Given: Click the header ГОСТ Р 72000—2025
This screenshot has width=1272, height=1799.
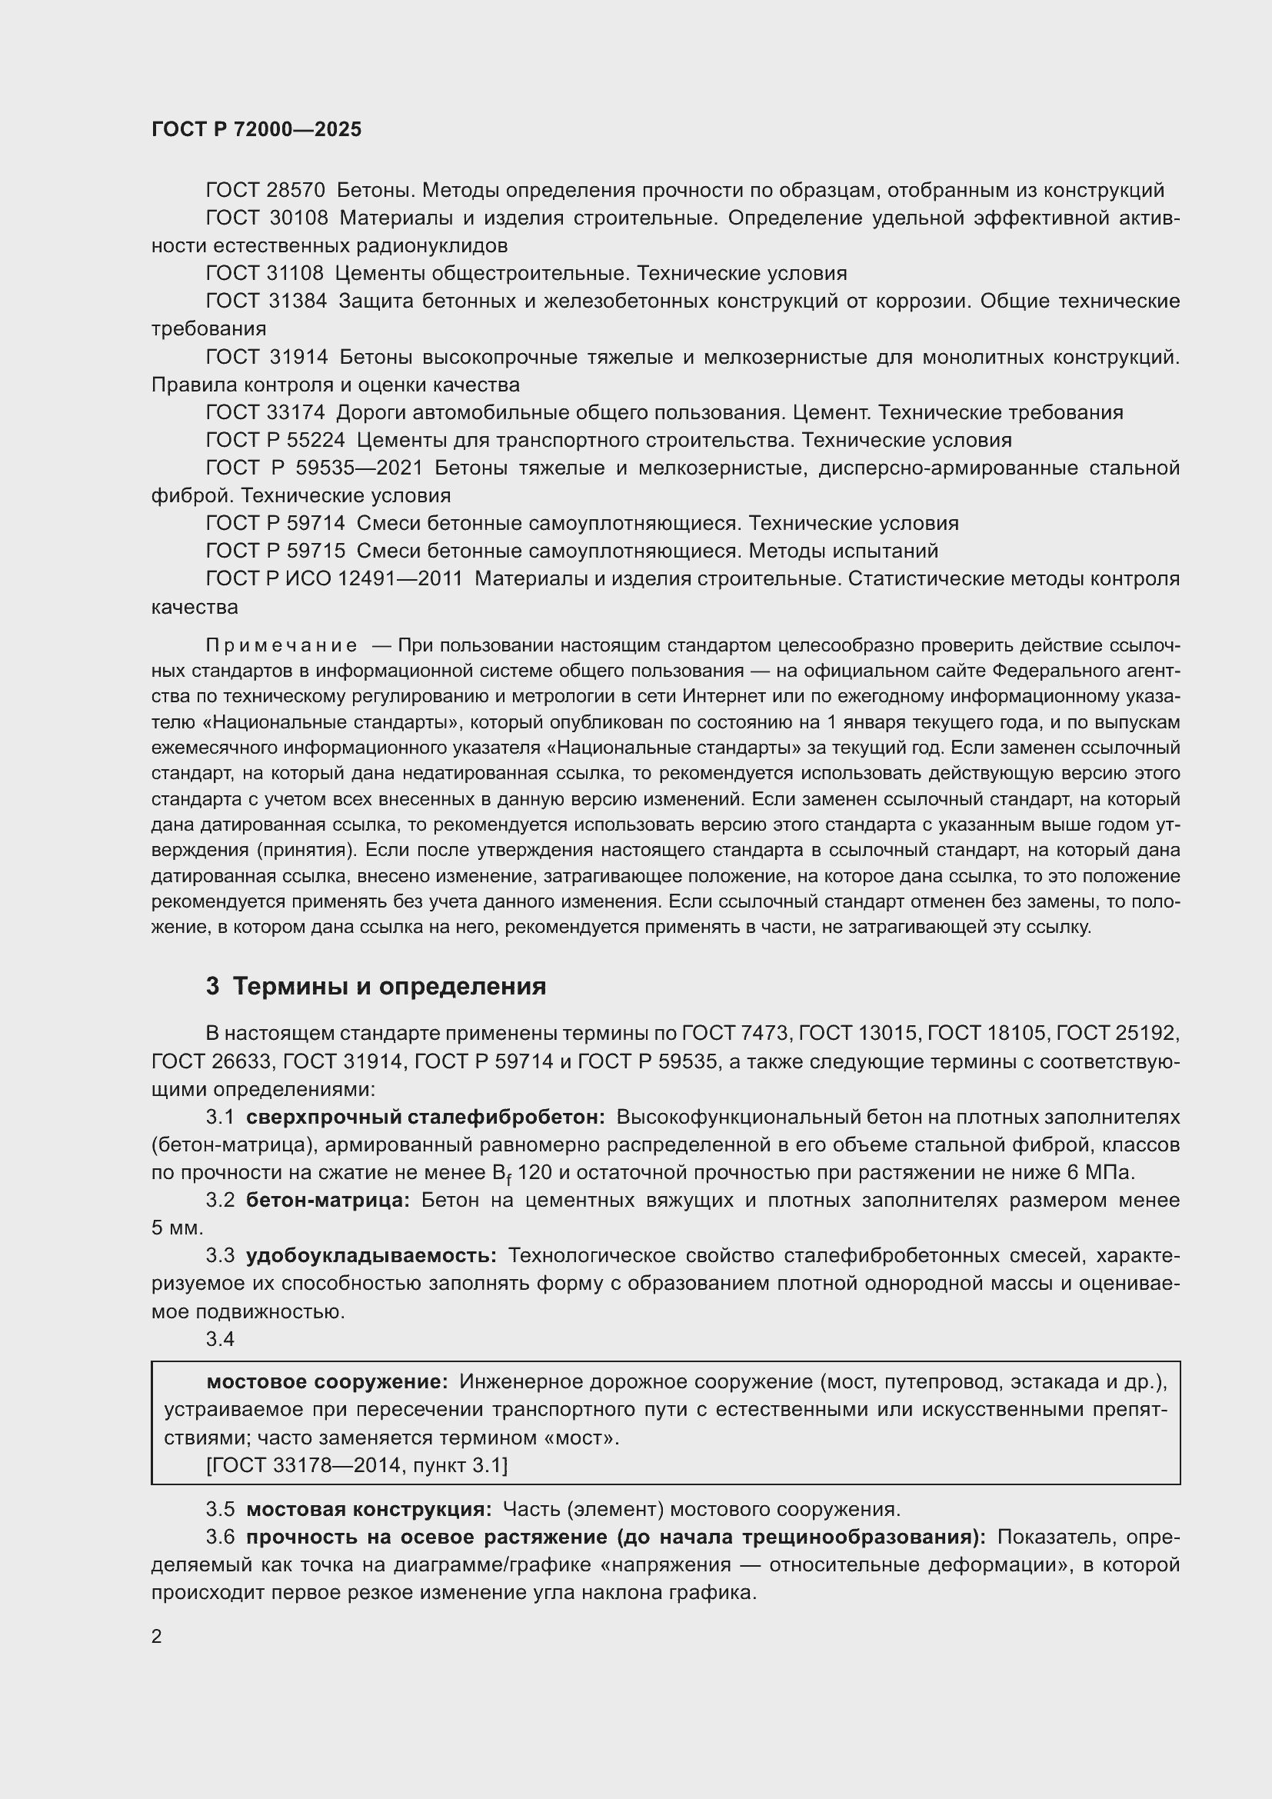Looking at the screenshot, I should [x=256, y=129].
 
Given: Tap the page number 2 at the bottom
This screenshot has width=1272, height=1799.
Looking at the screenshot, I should [x=157, y=1637].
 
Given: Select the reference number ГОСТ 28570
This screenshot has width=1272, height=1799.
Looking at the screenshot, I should [x=265, y=191].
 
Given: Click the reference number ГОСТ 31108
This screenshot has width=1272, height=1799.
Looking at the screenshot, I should [x=264, y=274].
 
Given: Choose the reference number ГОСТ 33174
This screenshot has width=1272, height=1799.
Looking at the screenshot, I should [x=265, y=412].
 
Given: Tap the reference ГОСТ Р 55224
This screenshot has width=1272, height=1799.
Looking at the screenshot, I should [x=275, y=440].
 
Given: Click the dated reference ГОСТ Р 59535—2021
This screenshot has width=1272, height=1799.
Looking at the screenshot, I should [x=313, y=468].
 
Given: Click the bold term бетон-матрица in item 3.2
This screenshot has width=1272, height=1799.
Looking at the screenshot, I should [x=328, y=1201].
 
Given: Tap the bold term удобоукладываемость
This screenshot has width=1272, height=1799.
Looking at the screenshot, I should [x=371, y=1255].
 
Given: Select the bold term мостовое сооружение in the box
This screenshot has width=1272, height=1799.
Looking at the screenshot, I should [x=327, y=1381].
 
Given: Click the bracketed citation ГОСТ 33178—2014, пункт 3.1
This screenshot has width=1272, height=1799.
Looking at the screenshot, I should [x=356, y=1464].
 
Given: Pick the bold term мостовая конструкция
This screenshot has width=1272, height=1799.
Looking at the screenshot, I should [x=369, y=1509].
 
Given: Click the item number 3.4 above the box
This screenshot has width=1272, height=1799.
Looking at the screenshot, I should [x=220, y=1339].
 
